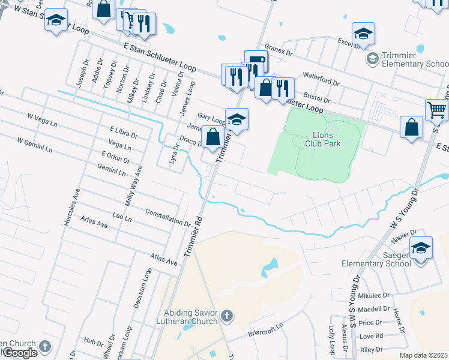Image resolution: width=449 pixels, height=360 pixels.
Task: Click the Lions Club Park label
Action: pyautogui.click(x=327, y=139)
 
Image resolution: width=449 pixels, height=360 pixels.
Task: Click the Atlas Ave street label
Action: pyautogui.click(x=164, y=259)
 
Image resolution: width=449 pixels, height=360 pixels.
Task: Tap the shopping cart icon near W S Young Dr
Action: pyautogui.click(x=436, y=110)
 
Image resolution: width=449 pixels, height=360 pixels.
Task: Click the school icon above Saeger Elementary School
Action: pyautogui.click(x=421, y=248)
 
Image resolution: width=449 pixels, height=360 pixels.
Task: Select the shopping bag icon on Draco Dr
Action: pyautogui.click(x=212, y=137)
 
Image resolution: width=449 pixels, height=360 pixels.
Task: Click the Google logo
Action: pyautogui.click(x=19, y=353)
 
